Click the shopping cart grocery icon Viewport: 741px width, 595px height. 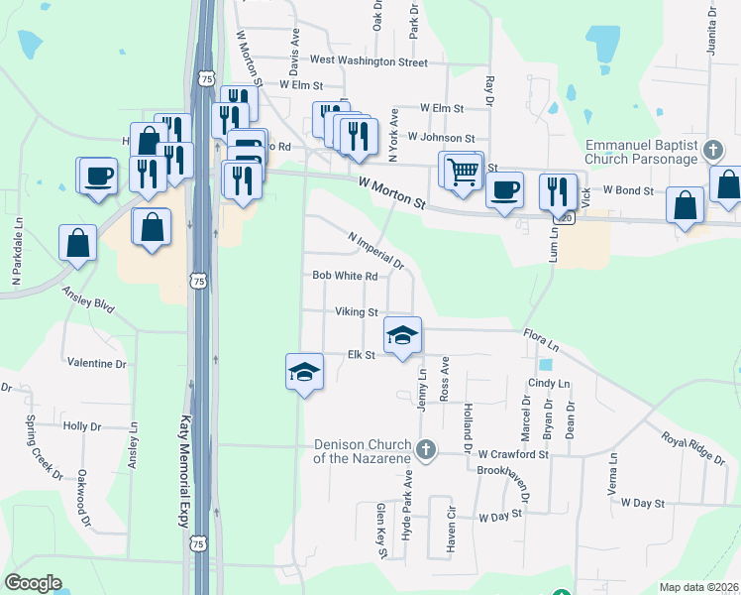pos(463,171)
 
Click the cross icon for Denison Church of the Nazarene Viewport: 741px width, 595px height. pos(426,450)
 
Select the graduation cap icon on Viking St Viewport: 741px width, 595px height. pos(402,336)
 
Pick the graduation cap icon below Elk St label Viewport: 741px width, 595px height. pos(304,373)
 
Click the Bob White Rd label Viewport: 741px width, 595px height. pos(346,277)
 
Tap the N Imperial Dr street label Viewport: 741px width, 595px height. pos(376,251)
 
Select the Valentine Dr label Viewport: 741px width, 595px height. pos(96,364)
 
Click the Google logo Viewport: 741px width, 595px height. pos(33,583)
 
